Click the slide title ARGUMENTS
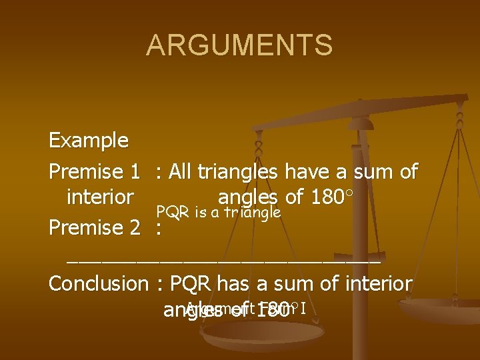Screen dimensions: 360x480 (239, 45)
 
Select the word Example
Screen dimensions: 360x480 (89, 141)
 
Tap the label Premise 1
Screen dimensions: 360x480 (94, 172)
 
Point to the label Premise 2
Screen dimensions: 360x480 (94, 228)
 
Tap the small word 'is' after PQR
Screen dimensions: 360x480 (199, 213)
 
